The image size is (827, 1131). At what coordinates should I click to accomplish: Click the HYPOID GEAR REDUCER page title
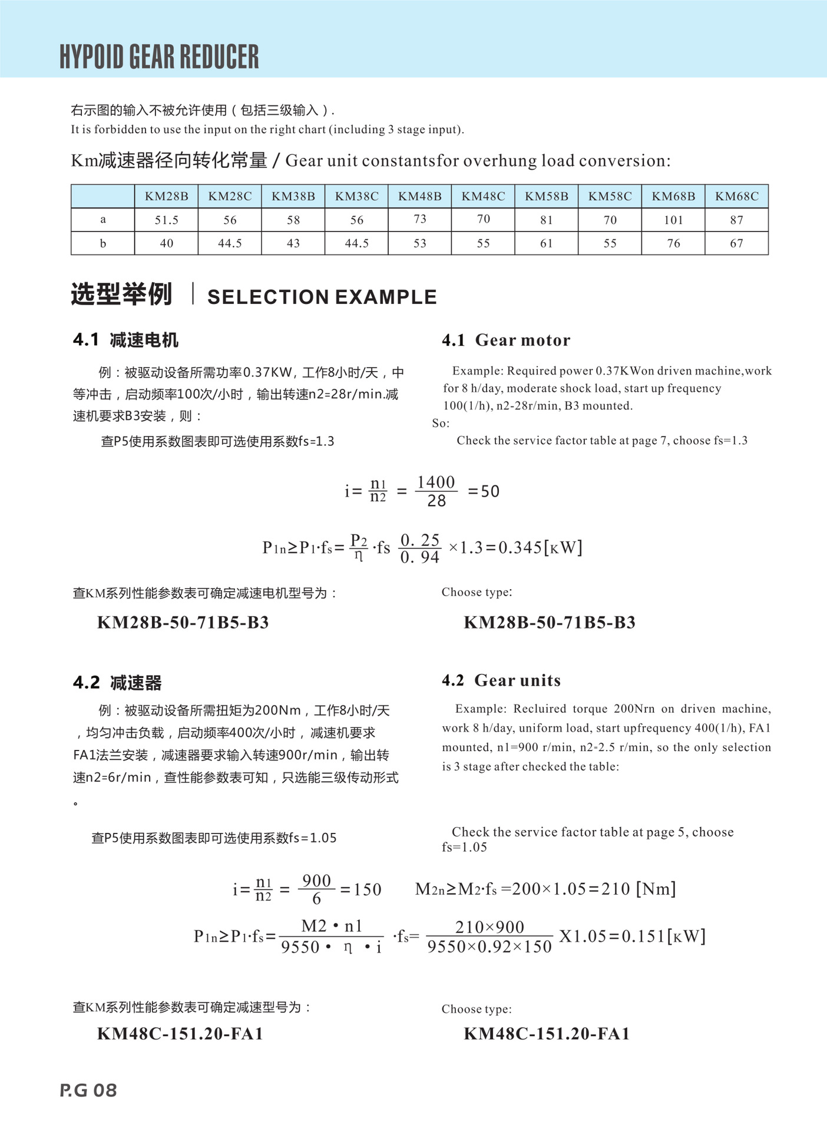pyautogui.click(x=159, y=57)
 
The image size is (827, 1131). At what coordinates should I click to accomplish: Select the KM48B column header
pyautogui.click(x=419, y=196)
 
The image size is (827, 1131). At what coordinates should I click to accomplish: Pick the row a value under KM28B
pyautogui.click(x=166, y=220)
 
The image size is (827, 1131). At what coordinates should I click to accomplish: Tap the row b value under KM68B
pyautogui.click(x=673, y=243)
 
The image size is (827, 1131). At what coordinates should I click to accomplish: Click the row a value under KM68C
pyautogui.click(x=736, y=220)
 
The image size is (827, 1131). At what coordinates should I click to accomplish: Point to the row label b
pyautogui.click(x=103, y=243)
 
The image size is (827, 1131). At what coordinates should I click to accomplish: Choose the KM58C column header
pyautogui.click(x=610, y=196)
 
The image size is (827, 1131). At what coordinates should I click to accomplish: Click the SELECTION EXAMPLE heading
pyautogui.click(x=322, y=297)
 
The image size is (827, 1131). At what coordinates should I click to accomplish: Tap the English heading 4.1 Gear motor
pyautogui.click(x=506, y=340)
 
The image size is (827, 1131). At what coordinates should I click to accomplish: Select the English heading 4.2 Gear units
pyautogui.click(x=501, y=680)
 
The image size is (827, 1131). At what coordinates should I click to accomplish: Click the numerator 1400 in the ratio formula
pyautogui.click(x=436, y=482)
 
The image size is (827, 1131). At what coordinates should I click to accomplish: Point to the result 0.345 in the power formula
pyautogui.click(x=520, y=548)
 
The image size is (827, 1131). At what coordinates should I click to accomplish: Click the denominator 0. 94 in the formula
pyautogui.click(x=419, y=557)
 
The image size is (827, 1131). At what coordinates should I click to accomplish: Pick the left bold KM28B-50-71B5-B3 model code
pyautogui.click(x=183, y=623)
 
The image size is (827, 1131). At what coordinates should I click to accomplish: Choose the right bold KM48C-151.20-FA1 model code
pyautogui.click(x=547, y=1034)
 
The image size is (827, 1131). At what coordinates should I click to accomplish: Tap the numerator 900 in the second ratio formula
pyautogui.click(x=316, y=881)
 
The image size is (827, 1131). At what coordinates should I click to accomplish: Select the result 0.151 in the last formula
pyautogui.click(x=643, y=936)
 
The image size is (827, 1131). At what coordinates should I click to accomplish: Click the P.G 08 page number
pyautogui.click(x=88, y=1090)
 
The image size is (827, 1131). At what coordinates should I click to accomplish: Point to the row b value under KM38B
pyautogui.click(x=293, y=243)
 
